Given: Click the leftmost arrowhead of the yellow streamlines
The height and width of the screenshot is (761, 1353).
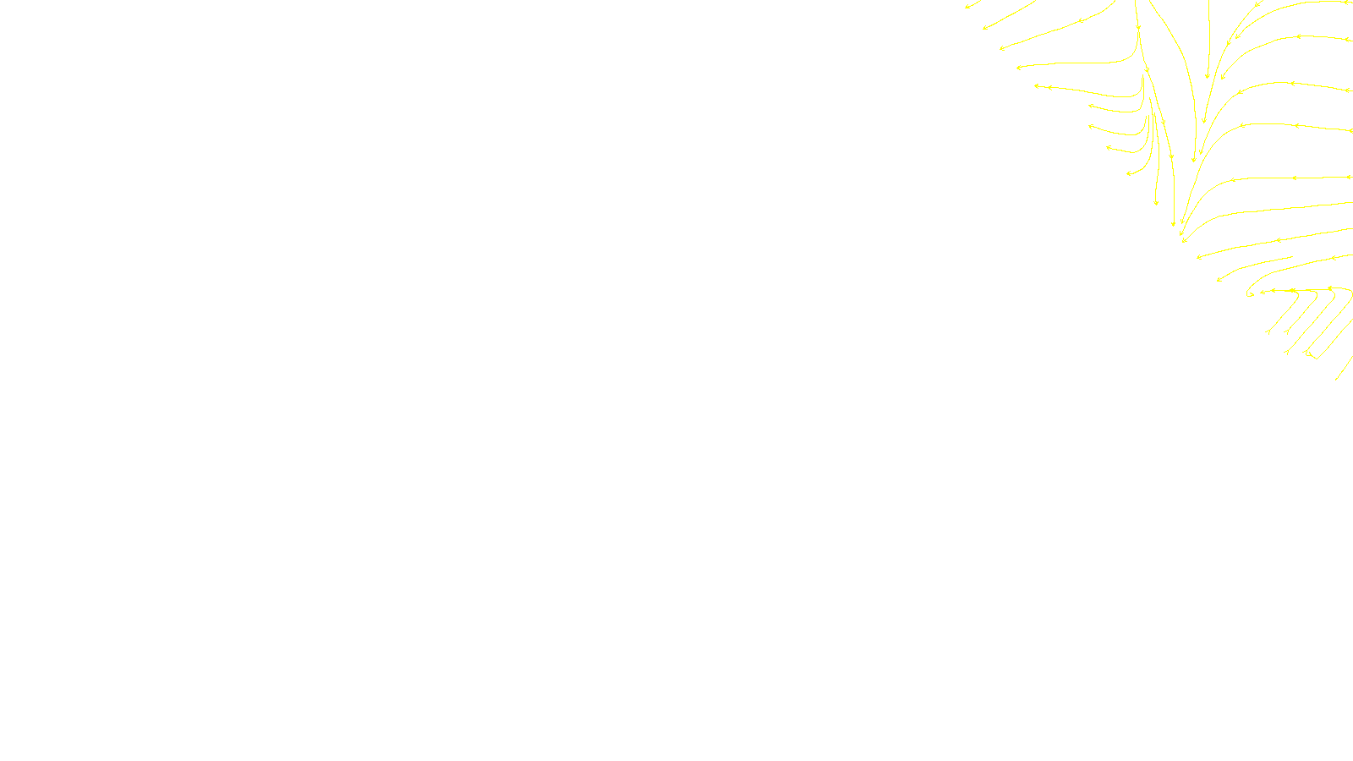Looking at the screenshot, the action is pyautogui.click(x=967, y=7).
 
